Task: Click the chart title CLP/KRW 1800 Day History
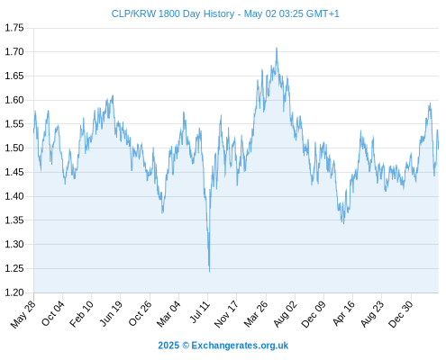173,13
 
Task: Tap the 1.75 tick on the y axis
14,28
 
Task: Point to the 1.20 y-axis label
14,292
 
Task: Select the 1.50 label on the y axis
14,148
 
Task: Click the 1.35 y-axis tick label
14,220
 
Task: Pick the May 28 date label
23,314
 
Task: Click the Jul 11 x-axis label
200,312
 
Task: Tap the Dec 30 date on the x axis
400,314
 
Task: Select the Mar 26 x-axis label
256,314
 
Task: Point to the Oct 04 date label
53,314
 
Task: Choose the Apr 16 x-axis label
343,313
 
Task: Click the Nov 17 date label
226,314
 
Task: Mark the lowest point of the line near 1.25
209,272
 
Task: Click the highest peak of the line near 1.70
277,48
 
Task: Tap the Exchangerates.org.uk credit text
240,346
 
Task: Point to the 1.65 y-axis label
14,76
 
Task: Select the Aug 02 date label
286,314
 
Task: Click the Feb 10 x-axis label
82,314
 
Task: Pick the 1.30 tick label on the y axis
14,245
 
